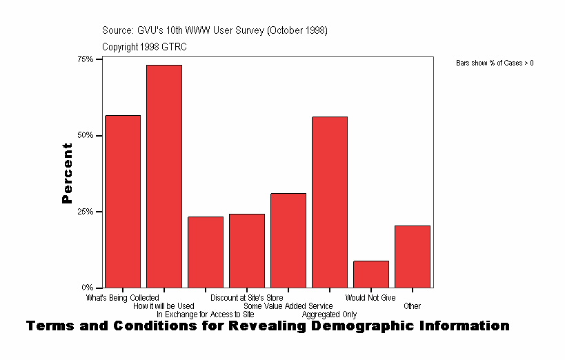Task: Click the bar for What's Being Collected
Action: (x=123, y=201)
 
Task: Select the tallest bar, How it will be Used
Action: (x=164, y=176)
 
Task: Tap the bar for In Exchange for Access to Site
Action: (x=206, y=252)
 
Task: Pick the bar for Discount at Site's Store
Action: (x=247, y=250)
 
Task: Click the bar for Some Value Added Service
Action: (x=288, y=240)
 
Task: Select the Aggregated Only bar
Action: (x=330, y=202)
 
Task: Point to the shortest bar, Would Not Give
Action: (x=371, y=274)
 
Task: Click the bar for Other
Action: (x=413, y=256)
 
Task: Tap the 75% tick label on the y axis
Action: (x=85, y=59)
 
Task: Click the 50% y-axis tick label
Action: (x=85, y=135)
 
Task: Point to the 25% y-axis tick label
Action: (x=85, y=211)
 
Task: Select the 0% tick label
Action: (x=87, y=287)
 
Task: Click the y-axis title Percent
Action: (x=67, y=173)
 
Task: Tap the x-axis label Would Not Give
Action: (x=370, y=298)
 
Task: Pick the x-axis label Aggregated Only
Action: (x=330, y=314)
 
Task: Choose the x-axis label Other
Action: (x=413, y=306)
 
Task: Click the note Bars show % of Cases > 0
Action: (x=495, y=63)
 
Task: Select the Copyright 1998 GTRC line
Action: (x=144, y=47)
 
